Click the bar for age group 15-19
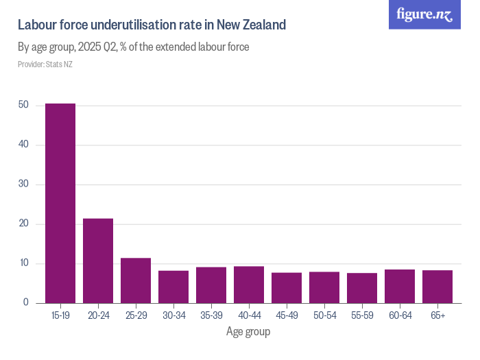tap(60, 203)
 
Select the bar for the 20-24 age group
tap(98, 261)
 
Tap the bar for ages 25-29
tap(136, 280)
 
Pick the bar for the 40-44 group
tap(249, 285)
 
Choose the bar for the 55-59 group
tap(362, 288)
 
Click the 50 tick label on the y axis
tap(23, 105)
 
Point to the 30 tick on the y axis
tap(23, 184)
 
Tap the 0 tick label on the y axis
tap(25, 303)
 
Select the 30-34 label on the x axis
tap(173, 315)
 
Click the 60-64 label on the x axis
tap(400, 315)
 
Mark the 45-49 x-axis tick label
tap(287, 315)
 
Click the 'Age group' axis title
tap(248, 332)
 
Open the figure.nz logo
tap(424, 14)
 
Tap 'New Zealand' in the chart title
tap(251, 25)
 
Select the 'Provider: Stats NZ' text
tap(45, 64)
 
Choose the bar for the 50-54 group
tap(324, 287)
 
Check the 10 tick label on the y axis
tap(23, 264)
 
